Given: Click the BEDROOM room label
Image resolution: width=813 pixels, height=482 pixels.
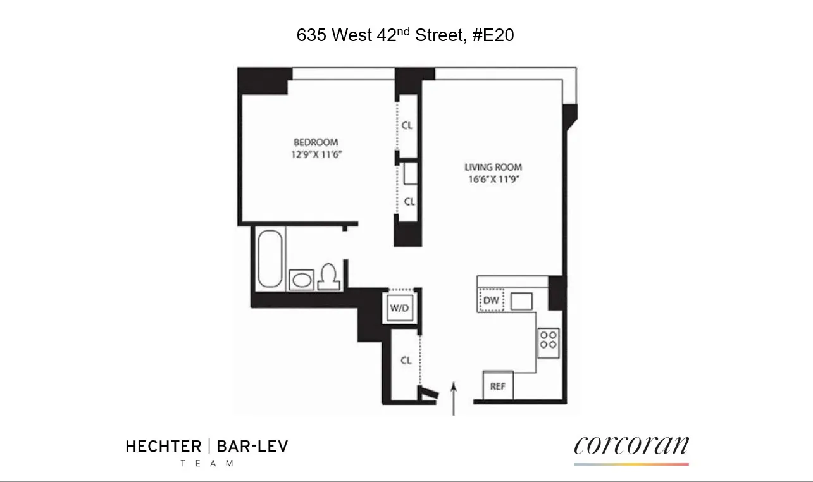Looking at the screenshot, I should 315,142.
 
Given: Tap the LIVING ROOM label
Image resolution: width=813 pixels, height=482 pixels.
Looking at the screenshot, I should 493,167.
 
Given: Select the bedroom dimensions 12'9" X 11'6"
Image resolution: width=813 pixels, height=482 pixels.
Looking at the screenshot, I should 315,154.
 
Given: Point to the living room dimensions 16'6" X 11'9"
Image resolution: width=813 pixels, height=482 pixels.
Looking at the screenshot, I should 493,178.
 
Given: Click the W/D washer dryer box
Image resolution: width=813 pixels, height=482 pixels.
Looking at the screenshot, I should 399,309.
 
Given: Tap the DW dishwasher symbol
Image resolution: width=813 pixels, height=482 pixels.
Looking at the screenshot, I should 492,300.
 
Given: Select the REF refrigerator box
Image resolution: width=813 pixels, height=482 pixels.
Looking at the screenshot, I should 498,385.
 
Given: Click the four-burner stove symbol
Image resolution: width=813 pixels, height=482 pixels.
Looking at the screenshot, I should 547,340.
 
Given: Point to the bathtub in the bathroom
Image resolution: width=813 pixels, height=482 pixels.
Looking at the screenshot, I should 270,259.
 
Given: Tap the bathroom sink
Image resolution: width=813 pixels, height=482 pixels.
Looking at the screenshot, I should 302,279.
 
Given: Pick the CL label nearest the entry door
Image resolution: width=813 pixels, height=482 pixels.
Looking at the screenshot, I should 406,361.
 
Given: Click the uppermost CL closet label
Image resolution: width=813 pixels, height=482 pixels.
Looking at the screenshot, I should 407,125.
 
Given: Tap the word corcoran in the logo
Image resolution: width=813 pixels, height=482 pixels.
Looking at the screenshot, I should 631,446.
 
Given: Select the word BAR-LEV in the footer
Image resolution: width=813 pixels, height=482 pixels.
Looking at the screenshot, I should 252,447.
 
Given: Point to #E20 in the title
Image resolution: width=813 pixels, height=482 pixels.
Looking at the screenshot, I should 493,35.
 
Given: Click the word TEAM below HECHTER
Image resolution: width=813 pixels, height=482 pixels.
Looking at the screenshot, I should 207,464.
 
